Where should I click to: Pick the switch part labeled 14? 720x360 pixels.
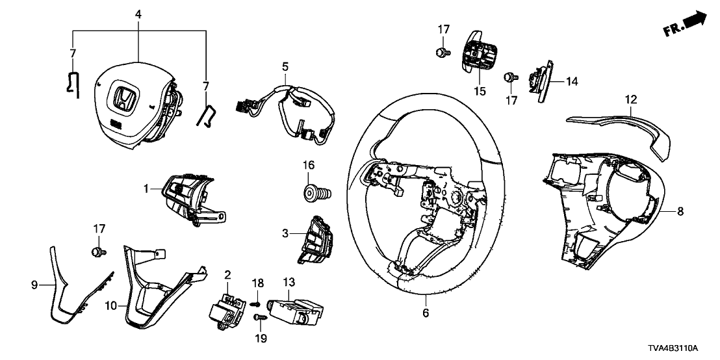point(542,82)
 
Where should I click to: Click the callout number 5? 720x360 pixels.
point(284,66)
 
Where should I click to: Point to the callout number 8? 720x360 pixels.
point(680,211)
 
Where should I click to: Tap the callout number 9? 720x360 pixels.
point(35,284)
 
